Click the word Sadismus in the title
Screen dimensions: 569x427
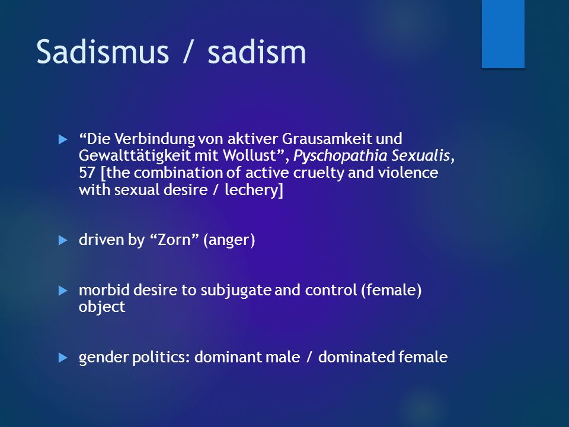coord(103,52)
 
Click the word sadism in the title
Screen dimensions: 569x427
coord(257,52)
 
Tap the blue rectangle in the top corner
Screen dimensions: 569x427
coord(503,34)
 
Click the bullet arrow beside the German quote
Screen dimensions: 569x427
coord(63,139)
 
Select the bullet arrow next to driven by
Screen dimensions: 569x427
coord(63,240)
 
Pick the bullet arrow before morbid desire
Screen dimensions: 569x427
coord(63,291)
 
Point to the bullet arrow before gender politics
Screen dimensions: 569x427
coord(63,358)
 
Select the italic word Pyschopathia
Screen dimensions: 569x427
coord(340,156)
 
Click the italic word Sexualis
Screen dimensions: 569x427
coord(421,155)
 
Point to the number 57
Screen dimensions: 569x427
coord(87,173)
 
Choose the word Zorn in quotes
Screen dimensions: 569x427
coord(174,240)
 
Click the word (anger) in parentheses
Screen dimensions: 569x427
coord(229,240)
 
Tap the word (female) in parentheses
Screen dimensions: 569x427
coord(391,291)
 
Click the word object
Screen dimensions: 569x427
coord(102,307)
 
